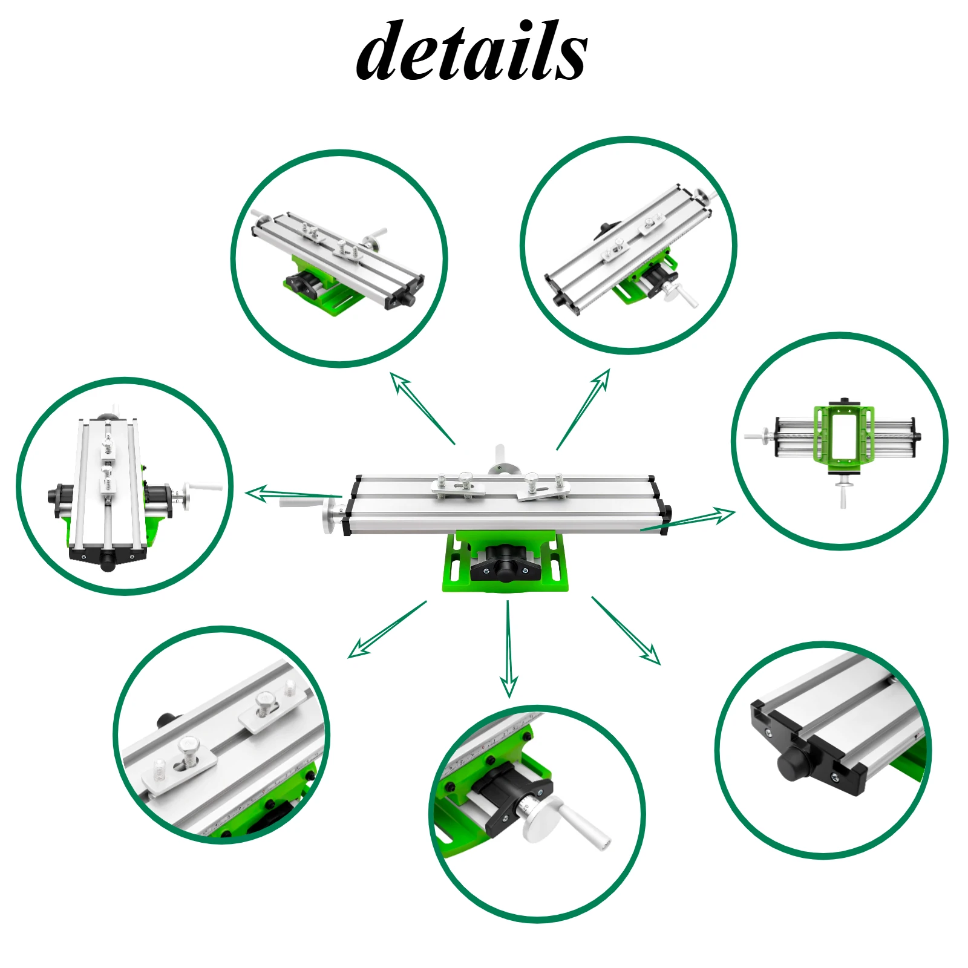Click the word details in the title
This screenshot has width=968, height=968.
tap(471, 51)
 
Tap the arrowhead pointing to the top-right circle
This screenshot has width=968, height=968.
tap(603, 378)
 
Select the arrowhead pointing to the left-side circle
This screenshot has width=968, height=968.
tap(257, 493)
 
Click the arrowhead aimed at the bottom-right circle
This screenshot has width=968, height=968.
tap(652, 656)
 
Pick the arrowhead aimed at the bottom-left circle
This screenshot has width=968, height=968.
tap(358, 650)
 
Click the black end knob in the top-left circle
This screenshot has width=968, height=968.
tap(407, 299)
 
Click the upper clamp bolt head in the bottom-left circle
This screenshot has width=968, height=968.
tap(266, 701)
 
